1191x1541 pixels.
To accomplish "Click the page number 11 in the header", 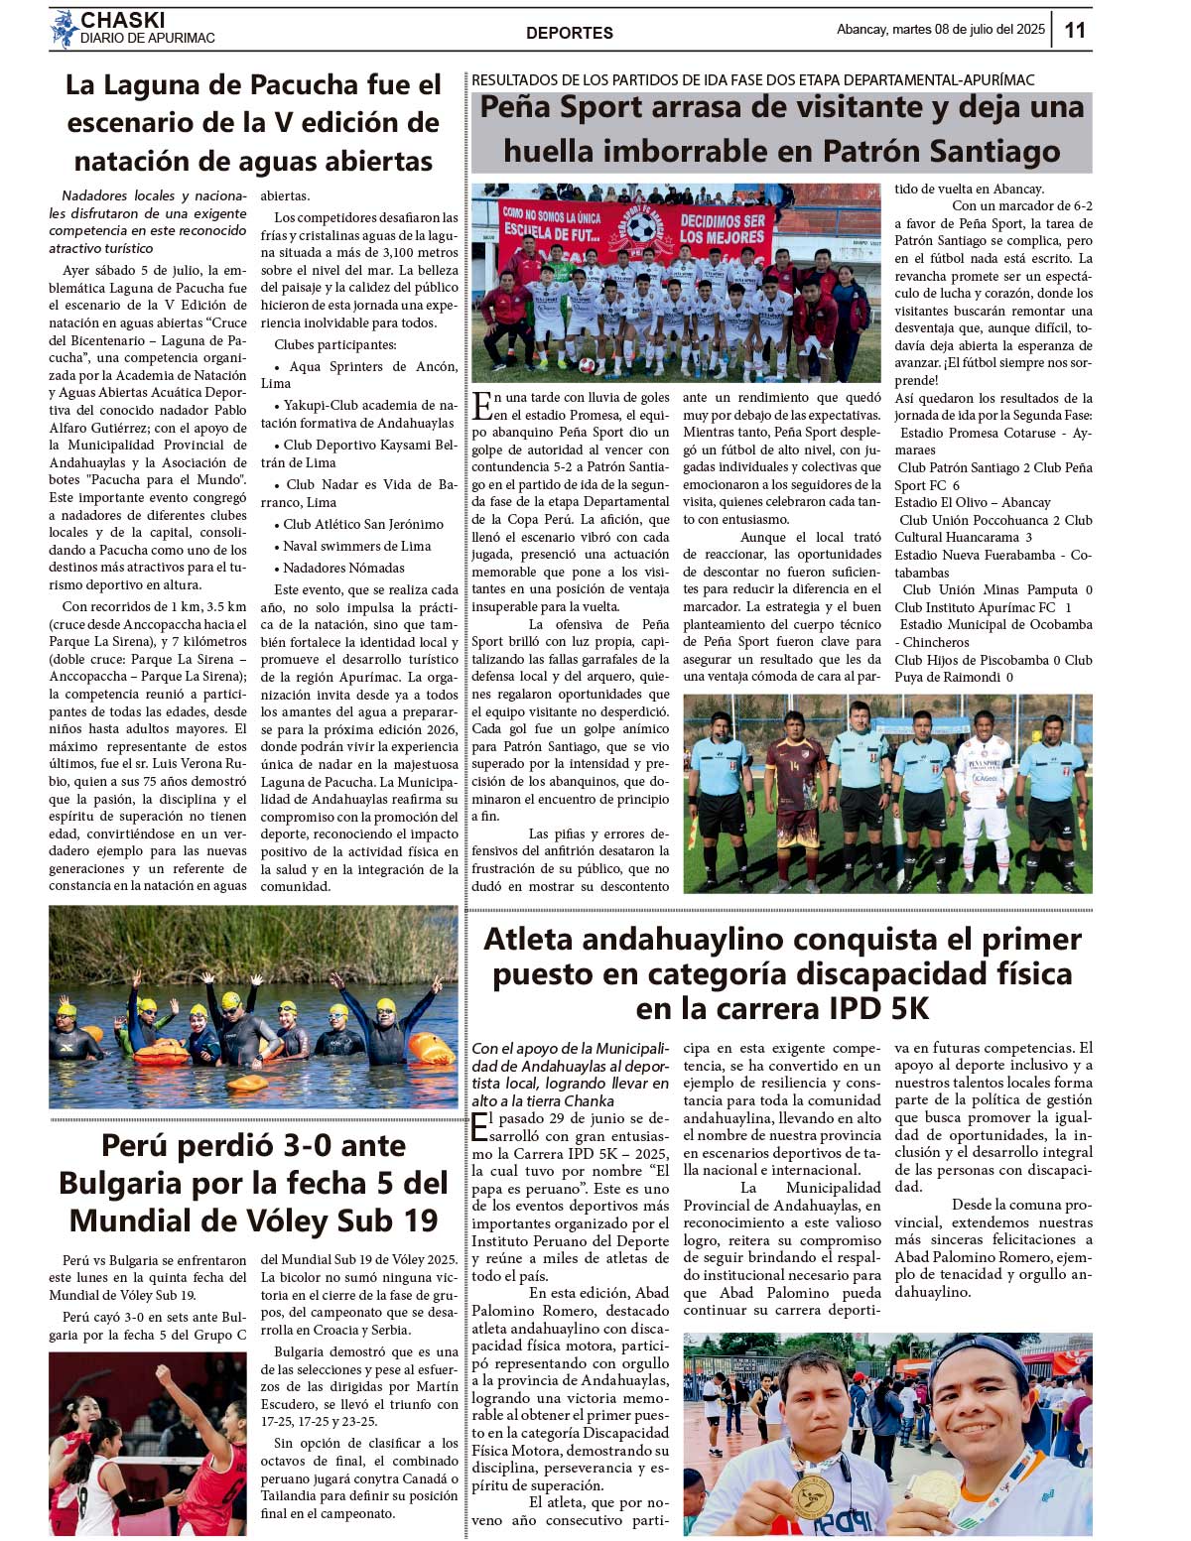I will point(1075,30).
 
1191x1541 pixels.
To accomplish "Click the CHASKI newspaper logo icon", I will point(65,29).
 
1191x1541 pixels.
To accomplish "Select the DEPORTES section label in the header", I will point(569,33).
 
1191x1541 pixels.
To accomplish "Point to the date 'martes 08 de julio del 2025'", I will point(968,30).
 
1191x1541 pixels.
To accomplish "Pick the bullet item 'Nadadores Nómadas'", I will point(343,568).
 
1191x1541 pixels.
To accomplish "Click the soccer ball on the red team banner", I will point(642,229).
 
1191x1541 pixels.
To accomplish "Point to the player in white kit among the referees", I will point(983,794).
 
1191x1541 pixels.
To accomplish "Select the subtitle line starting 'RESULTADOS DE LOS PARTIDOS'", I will point(752,79).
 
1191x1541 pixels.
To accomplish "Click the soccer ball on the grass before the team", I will point(587,366).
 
